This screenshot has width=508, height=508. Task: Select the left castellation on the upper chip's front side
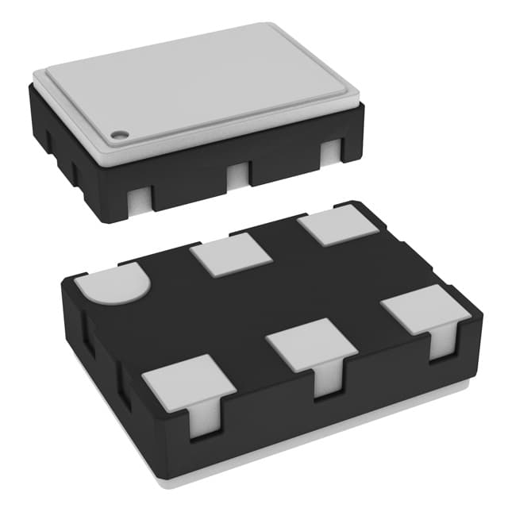pos(138,199)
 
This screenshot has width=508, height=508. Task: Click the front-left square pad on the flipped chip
pos(188,381)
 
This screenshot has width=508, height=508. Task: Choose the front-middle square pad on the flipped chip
pos(310,344)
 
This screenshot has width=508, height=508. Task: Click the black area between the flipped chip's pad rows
pos(262,302)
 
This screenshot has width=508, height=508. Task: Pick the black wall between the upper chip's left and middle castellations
pos(187,190)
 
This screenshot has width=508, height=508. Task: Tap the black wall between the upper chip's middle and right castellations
pos(286,167)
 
